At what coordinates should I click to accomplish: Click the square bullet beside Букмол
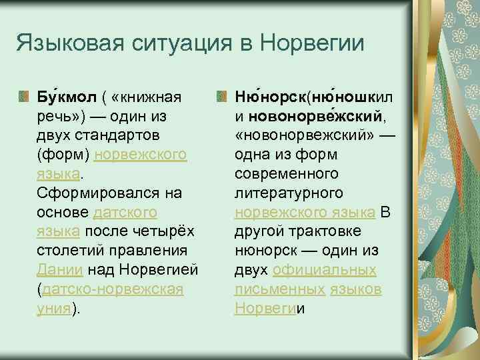click(25, 98)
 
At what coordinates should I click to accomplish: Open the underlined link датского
click(126, 213)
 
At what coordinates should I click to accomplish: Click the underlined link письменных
click(279, 290)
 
